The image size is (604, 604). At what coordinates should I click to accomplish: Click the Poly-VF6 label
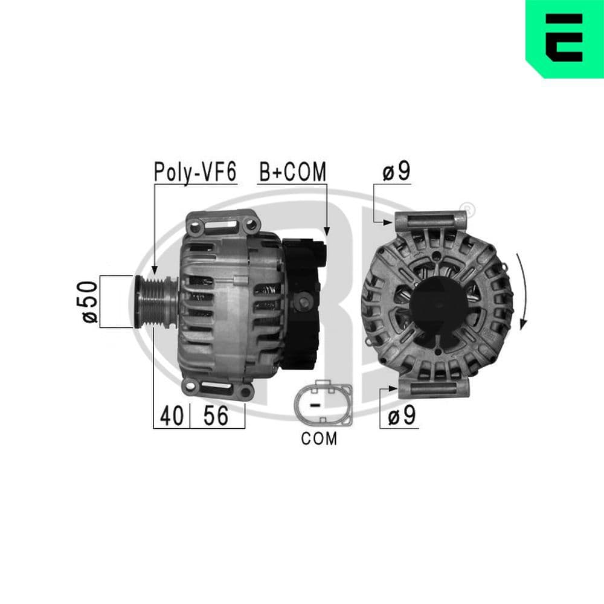[x=195, y=172]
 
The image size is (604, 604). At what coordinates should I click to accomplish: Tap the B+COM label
[x=292, y=172]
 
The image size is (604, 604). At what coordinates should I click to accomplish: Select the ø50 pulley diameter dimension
[x=89, y=301]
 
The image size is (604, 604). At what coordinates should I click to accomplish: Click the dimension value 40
[x=172, y=416]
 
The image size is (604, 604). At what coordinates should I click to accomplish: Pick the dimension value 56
[x=216, y=416]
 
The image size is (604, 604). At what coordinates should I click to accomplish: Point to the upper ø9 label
[x=396, y=172]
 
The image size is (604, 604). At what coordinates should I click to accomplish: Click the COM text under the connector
[x=319, y=439]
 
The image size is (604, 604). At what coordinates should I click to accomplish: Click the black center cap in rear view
[x=438, y=302]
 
